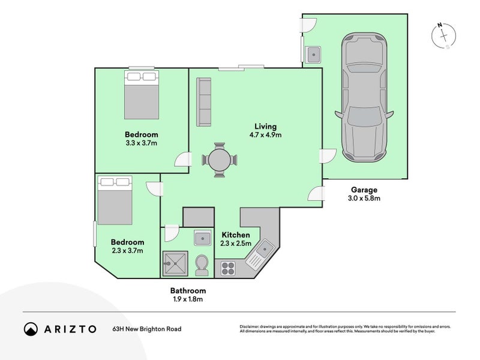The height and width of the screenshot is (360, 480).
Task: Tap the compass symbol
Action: click(x=443, y=36)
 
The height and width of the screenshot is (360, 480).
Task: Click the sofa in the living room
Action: click(x=203, y=102)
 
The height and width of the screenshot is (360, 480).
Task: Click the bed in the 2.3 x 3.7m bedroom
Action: click(x=115, y=200)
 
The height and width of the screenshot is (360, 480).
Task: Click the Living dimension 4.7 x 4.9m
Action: click(x=265, y=135)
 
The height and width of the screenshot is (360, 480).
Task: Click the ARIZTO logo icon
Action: click(x=30, y=329)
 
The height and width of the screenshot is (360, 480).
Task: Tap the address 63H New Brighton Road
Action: click(x=146, y=329)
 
